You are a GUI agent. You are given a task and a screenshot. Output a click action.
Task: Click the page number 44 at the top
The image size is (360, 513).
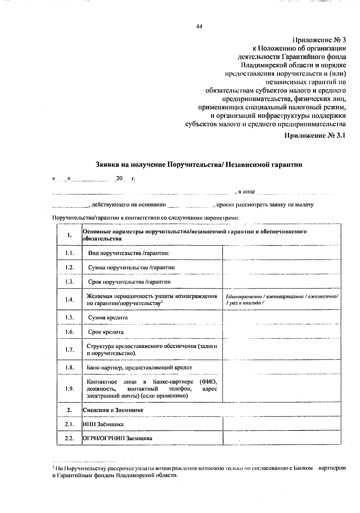pyautogui.click(x=199, y=27)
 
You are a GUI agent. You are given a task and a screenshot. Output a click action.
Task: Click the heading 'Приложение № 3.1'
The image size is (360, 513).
pyautogui.click(x=315, y=135)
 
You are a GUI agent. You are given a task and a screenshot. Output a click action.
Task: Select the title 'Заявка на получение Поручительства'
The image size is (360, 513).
pyautogui.click(x=199, y=164)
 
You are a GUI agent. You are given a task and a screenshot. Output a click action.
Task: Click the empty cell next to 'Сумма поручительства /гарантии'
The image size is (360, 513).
pyautogui.click(x=281, y=267)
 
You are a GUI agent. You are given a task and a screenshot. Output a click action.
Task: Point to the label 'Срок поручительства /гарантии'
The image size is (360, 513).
pyautogui.click(x=129, y=282)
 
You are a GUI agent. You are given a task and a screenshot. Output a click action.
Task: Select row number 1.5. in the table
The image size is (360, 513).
pyautogui.click(x=69, y=317)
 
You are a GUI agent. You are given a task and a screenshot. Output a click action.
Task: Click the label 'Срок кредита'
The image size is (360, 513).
pyautogui.click(x=106, y=332)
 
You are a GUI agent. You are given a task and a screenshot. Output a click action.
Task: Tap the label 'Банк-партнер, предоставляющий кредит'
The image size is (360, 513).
pyautogui.click(x=139, y=367)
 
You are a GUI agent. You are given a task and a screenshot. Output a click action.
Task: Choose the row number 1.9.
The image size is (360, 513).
pyautogui.click(x=69, y=389)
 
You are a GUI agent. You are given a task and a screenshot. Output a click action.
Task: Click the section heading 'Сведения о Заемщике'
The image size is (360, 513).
pyautogui.click(x=113, y=410)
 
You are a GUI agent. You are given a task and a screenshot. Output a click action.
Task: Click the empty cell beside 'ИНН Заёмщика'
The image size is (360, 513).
pyautogui.click(x=281, y=424)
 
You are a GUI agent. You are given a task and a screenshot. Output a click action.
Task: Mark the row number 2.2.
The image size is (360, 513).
pyautogui.click(x=69, y=438)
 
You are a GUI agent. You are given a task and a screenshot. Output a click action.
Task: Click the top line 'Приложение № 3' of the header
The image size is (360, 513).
pyautogui.click(x=319, y=40)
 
